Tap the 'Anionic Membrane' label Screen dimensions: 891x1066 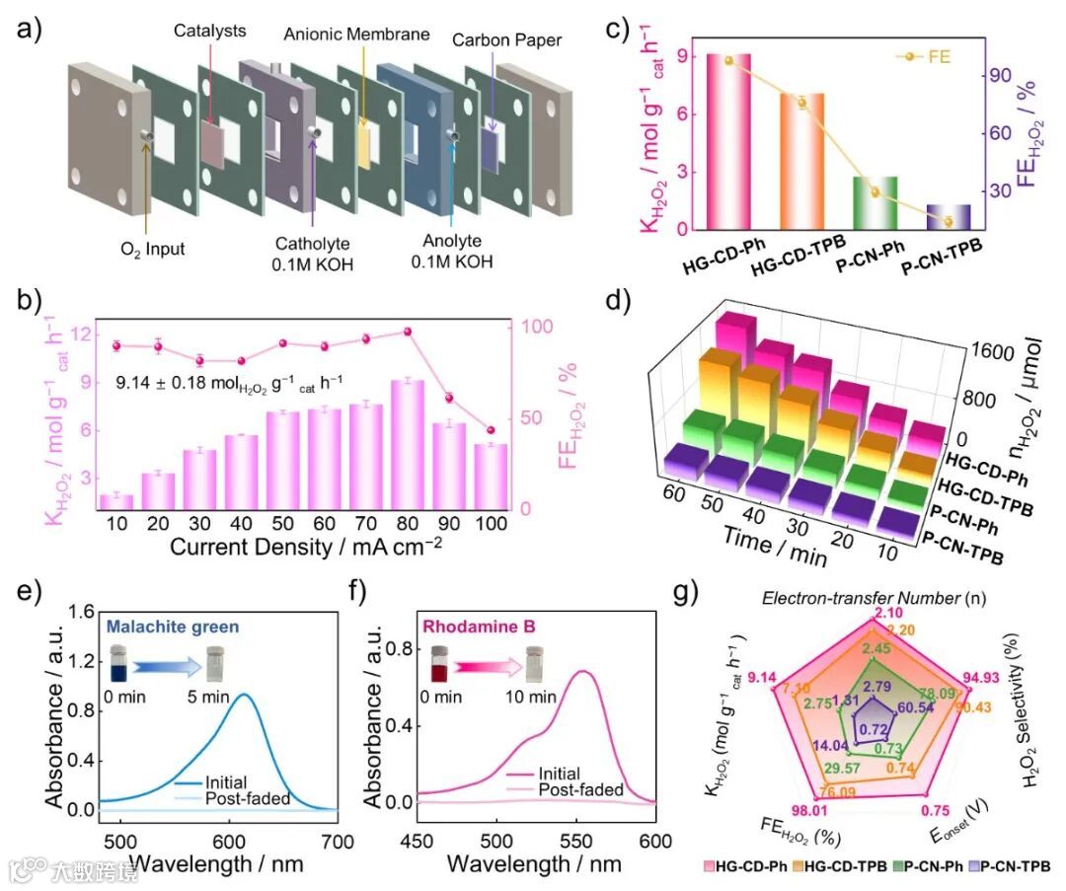(x=356, y=35)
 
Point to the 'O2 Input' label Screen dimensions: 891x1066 (x=149, y=250)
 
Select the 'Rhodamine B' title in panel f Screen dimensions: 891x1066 (x=472, y=624)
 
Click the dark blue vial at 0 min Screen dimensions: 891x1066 (x=118, y=664)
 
